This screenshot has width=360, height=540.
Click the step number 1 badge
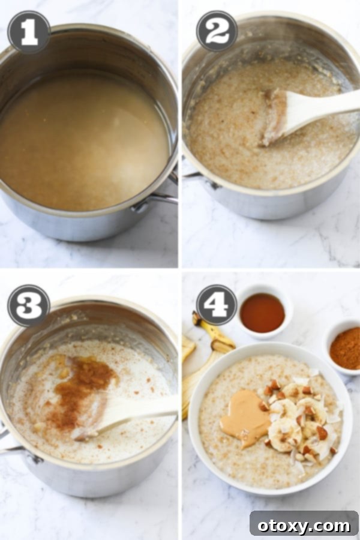pos(28,31)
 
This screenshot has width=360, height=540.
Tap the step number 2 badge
pos(217,31)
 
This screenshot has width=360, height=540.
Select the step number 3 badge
pos(28,305)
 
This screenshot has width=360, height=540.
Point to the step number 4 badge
pos(217,305)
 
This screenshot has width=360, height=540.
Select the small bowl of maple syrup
pos(262,313)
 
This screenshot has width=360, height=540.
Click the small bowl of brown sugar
pos(346,348)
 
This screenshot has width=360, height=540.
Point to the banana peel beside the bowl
pos(207,354)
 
